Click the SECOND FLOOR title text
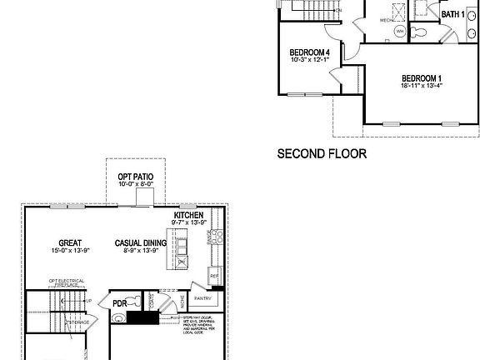pos(321,153)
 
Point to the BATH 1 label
pos(452,15)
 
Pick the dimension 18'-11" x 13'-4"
pos(420,84)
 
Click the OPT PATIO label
pos(135,177)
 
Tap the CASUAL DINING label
pos(141,243)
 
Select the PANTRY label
pos(203,297)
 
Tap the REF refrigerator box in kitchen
pos(214,276)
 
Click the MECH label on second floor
pos(385,17)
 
